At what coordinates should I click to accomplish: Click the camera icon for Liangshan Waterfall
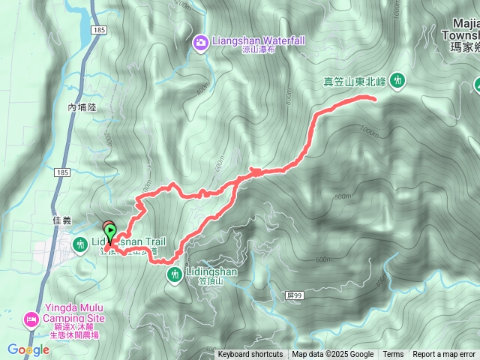tap(200, 40)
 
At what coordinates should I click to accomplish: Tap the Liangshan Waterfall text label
tap(257, 40)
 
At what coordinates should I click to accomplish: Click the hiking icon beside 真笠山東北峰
tap(397, 79)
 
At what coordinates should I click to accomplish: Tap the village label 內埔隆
tap(82, 108)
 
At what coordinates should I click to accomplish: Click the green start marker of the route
tap(111, 231)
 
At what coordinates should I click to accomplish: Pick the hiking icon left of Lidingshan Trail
tap(80, 243)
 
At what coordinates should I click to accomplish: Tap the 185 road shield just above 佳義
tap(61, 172)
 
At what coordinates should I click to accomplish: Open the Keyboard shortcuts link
tap(250, 355)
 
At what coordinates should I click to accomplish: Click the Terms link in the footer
tap(393, 355)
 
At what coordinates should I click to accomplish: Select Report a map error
tap(444, 355)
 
